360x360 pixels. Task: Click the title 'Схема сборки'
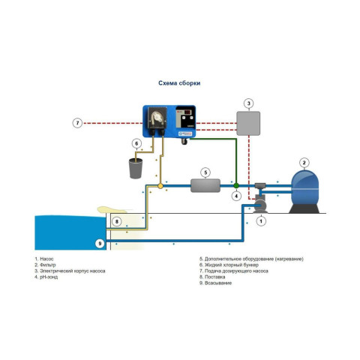pyautogui.click(x=179, y=83)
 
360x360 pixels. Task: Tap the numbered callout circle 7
pyautogui.click(x=77, y=123)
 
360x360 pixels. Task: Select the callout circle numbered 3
pyautogui.click(x=248, y=103)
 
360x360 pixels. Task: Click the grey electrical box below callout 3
pyautogui.click(x=248, y=124)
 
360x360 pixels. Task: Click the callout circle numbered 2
pyautogui.click(x=304, y=163)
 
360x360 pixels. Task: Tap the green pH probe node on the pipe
pyautogui.click(x=236, y=186)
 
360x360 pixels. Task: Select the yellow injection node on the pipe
pyautogui.click(x=160, y=186)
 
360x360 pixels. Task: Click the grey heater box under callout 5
pyautogui.click(x=205, y=186)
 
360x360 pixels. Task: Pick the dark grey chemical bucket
pyautogui.click(x=136, y=169)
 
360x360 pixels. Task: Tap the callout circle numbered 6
pyautogui.click(x=136, y=143)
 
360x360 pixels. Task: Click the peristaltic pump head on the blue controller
pyautogui.click(x=157, y=118)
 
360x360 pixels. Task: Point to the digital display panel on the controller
pyautogui.click(x=185, y=117)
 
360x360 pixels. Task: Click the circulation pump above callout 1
pyautogui.click(x=260, y=205)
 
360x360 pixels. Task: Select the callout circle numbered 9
pyautogui.click(x=100, y=243)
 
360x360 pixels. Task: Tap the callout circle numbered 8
pyautogui.click(x=116, y=221)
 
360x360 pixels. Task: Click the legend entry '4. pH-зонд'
pyautogui.click(x=46, y=277)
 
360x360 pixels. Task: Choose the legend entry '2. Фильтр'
pyautogui.click(x=45, y=265)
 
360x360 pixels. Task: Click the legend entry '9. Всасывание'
pyautogui.click(x=215, y=283)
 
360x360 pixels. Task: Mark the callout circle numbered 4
pyautogui.click(x=236, y=196)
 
